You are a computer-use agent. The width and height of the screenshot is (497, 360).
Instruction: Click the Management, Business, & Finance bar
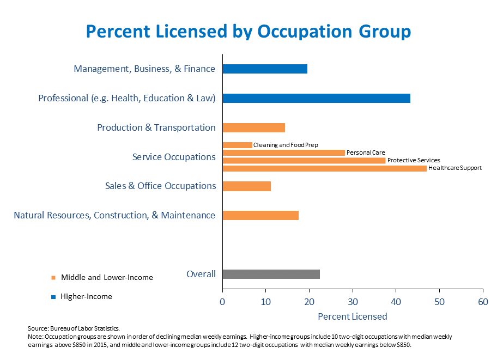(265, 69)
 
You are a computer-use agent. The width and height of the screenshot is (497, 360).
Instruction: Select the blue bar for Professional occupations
(316, 98)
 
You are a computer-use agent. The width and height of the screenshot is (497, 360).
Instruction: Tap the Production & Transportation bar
(253, 127)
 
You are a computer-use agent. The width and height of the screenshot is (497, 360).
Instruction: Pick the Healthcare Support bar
(324, 168)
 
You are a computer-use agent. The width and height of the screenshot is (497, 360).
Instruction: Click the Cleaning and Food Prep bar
(237, 145)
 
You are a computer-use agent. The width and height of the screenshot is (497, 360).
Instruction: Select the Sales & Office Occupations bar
(246, 186)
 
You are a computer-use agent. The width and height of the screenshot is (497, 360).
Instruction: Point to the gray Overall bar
(271, 274)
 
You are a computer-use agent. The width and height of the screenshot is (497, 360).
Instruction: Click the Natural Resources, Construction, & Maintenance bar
(260, 215)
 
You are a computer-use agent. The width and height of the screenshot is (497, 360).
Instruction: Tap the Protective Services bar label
(414, 161)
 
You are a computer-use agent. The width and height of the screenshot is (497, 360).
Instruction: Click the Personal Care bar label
(366, 152)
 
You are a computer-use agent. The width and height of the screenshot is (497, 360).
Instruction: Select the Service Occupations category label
(174, 157)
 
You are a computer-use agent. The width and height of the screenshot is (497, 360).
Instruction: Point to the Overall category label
(201, 274)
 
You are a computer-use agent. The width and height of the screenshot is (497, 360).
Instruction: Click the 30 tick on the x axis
(353, 301)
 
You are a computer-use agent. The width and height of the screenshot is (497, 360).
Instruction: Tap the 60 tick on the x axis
(483, 301)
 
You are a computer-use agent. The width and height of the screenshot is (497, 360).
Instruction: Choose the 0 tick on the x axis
(222, 301)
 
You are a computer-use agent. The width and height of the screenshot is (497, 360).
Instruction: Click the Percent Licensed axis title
(352, 316)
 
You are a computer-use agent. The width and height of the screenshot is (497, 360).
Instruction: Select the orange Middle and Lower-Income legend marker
(53, 278)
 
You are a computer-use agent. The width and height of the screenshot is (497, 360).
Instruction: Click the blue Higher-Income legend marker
(53, 297)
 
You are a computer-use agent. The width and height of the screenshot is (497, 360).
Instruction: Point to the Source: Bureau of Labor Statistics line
(73, 328)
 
